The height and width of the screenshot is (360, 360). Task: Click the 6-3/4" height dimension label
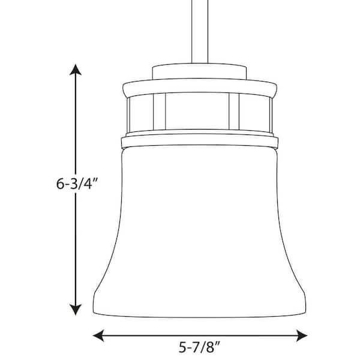coord(77,184)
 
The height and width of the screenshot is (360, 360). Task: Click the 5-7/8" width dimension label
coord(200,347)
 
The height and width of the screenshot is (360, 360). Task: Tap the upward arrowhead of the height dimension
coord(76,70)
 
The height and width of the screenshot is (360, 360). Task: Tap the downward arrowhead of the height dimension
coord(76,310)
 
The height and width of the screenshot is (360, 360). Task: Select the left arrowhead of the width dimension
coord(99,335)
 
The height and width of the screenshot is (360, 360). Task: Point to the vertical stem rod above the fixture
coord(200,31)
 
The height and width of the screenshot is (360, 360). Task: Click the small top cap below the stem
coord(200,71)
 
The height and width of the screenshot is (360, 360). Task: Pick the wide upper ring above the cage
coord(200,88)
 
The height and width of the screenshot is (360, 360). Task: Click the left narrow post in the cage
coord(160,111)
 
